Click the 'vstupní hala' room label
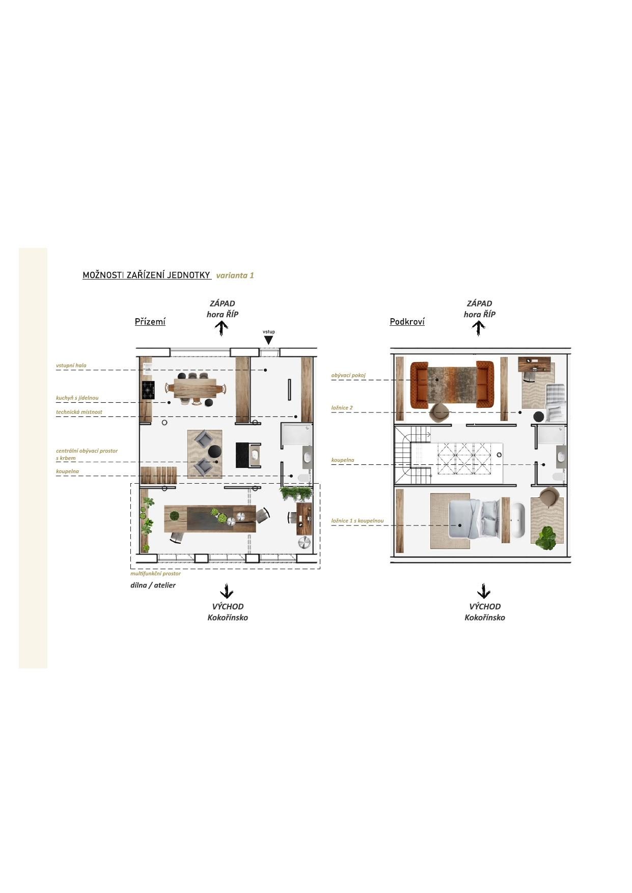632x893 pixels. click(x=71, y=366)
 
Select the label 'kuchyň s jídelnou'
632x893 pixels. click(x=77, y=398)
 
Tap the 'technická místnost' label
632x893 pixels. click(x=79, y=412)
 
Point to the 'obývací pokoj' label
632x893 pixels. click(x=349, y=376)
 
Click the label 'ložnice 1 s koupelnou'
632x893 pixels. click(x=358, y=521)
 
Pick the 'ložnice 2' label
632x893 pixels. click(x=342, y=408)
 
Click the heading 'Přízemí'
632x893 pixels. click(x=150, y=322)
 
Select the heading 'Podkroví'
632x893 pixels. click(x=407, y=322)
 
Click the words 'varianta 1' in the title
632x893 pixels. click(x=235, y=275)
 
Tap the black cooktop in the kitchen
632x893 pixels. click(x=148, y=390)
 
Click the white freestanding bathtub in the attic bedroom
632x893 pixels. click(x=518, y=521)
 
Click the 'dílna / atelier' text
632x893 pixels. click(x=153, y=585)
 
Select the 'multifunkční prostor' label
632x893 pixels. click(x=155, y=573)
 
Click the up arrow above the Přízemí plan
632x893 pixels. click(x=223, y=328)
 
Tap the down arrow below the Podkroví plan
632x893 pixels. click(x=484, y=592)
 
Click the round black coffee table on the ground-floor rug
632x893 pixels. click(x=215, y=452)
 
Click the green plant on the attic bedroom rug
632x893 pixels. click(x=547, y=538)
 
